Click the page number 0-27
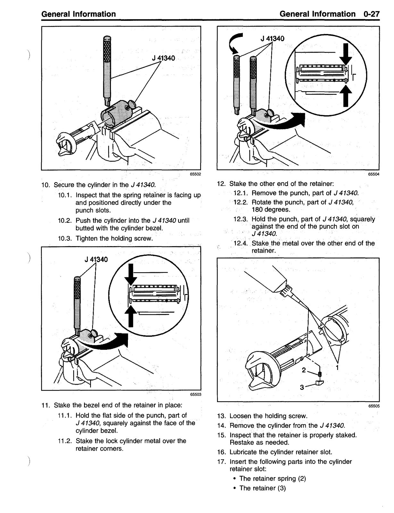[371, 14]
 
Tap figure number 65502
[196, 174]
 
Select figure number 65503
[196, 394]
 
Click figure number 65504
[374, 174]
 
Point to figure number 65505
[374, 406]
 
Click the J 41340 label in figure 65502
[163, 58]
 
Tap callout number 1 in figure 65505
[337, 367]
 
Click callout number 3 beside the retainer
[302, 387]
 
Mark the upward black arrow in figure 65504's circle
[346, 96]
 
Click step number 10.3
[65, 239]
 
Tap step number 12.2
[240, 202]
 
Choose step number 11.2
[65, 441]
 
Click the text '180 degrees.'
[271, 210]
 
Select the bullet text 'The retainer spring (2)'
[273, 478]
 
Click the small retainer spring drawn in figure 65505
[320, 374]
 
